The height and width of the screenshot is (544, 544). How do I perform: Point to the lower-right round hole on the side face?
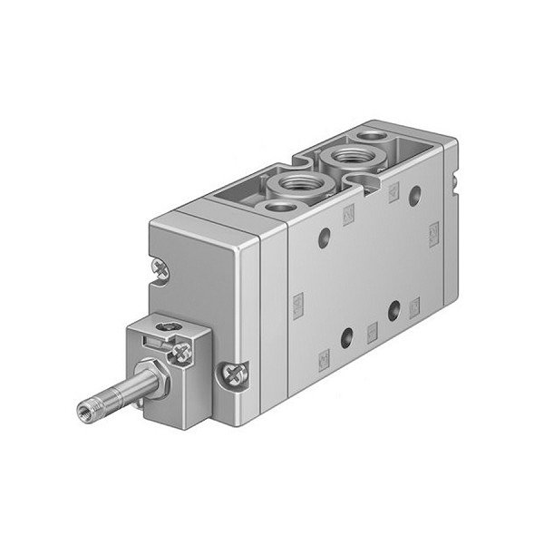click(394, 308)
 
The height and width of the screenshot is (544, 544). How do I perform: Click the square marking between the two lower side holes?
click(371, 325)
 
